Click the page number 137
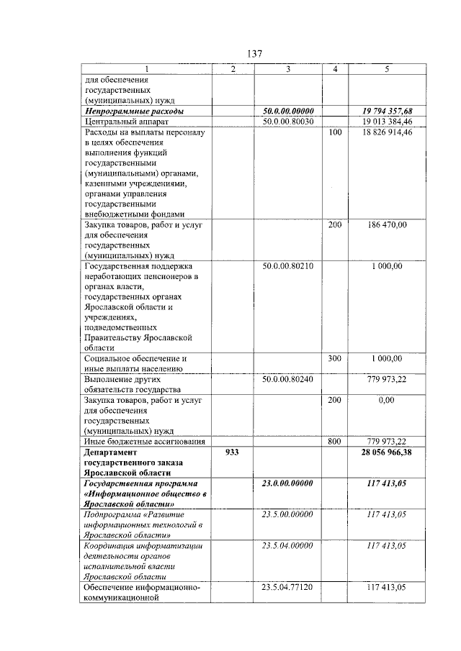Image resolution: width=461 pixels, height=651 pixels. tap(254, 54)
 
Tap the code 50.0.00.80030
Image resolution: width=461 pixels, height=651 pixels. tap(287, 122)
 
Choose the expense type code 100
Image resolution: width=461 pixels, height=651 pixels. tap(334, 133)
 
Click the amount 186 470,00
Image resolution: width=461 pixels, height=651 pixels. tap(388, 225)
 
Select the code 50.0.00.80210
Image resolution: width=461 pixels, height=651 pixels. tap(287, 266)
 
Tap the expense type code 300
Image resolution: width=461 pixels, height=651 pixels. tap(334, 358)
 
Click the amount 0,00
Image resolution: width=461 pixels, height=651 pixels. tap(388, 400)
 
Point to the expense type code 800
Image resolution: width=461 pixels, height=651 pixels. tap(334, 441)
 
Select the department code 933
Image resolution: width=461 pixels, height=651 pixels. tap(233, 452)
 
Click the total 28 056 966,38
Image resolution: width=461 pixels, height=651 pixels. tap(388, 452)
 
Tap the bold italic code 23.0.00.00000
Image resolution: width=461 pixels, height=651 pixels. tap(287, 483)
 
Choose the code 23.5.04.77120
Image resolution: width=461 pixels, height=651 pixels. tap(287, 588)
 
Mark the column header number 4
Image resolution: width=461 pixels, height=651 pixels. tap(334, 69)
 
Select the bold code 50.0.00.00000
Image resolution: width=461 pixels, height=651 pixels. tap(287, 111)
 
